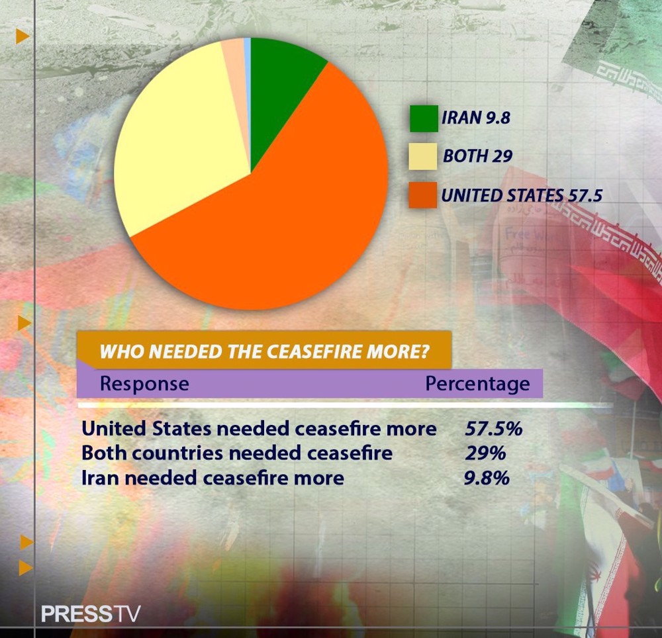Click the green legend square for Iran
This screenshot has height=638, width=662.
tap(423, 119)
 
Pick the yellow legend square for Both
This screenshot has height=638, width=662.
tap(423, 156)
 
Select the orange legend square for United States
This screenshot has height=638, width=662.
tap(423, 195)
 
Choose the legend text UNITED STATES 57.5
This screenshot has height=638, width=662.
tap(521, 195)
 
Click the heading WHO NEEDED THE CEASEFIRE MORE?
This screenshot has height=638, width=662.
tap(264, 351)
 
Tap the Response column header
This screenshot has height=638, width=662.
tap(144, 384)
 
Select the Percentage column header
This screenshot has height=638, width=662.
tap(477, 384)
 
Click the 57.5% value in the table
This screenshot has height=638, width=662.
tap(493, 428)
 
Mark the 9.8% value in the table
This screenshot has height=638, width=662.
tap(487, 477)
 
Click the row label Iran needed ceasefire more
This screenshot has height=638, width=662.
tap(213, 477)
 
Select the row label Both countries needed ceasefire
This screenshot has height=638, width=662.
tap(237, 453)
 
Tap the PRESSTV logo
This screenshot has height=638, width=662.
tap(91, 614)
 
